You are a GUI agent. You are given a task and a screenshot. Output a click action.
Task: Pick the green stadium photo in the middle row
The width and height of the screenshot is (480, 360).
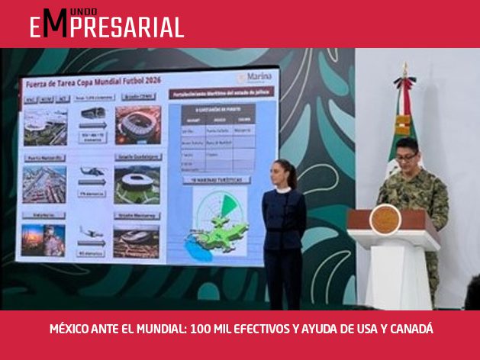(137, 184)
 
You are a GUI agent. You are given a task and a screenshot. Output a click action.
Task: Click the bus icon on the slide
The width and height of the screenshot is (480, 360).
(92, 113)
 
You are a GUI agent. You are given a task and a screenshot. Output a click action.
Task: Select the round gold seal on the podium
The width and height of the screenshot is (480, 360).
(385, 219)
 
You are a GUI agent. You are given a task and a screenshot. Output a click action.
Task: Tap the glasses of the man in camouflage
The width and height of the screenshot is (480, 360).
(406, 156)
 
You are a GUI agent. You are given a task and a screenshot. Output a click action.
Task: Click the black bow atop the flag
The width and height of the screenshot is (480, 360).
(404, 81)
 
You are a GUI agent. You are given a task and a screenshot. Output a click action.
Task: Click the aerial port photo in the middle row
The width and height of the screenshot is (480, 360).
(44, 183)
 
